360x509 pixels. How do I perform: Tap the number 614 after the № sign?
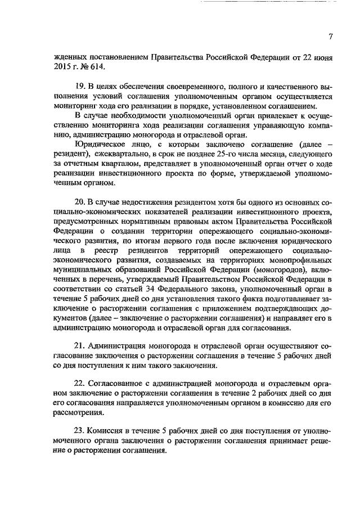pos(95,66)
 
